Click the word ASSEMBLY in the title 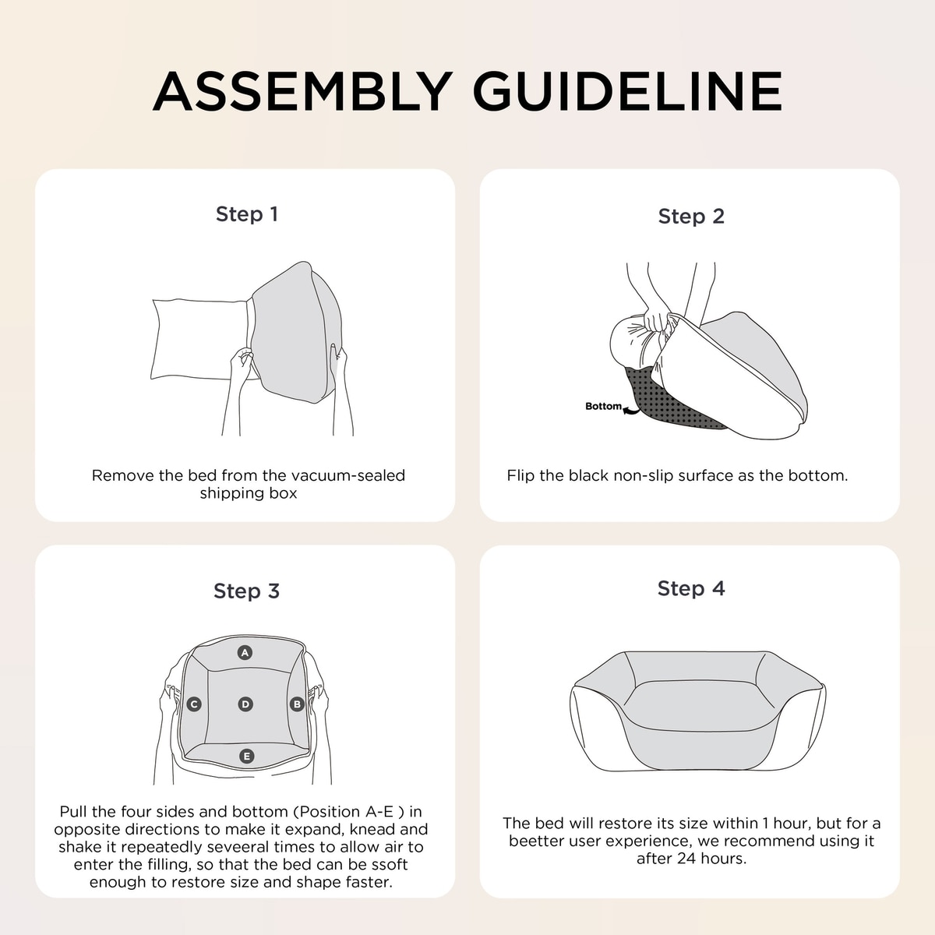click(303, 91)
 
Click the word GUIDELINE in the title click(627, 91)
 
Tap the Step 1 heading click(247, 214)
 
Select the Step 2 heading click(691, 217)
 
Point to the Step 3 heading click(246, 591)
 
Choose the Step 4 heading click(691, 588)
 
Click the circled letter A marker click(245, 653)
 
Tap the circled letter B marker click(297, 704)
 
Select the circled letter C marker click(194, 704)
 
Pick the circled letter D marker click(245, 704)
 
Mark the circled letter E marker click(247, 756)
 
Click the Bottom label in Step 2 click(603, 406)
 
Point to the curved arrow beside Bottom click(631, 411)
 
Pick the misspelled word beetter click(534, 841)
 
